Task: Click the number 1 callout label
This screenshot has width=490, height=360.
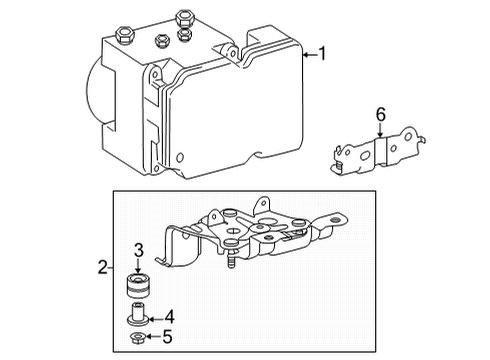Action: tap(323, 54)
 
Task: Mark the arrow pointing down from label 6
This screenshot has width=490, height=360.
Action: tap(380, 133)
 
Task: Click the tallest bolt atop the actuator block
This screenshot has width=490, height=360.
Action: tap(183, 19)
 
